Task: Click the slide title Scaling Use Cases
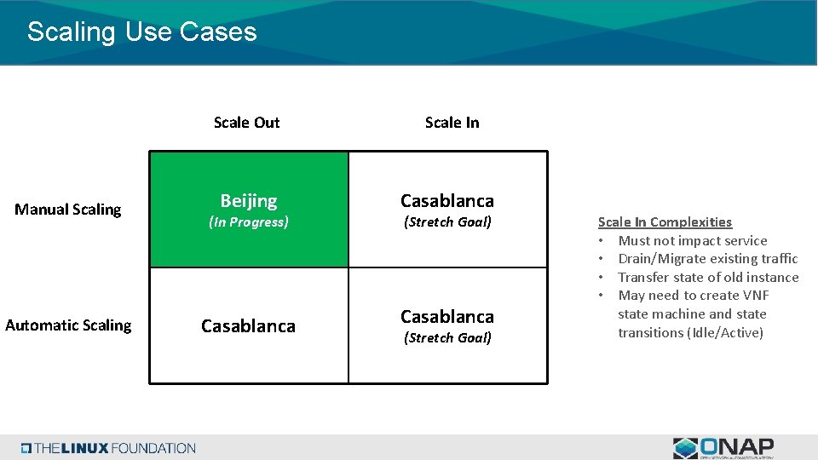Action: [141, 32]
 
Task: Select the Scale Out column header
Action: [246, 123]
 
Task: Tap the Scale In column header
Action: [452, 123]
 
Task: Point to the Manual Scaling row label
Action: [68, 210]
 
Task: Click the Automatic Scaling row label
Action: [68, 325]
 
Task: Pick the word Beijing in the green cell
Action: [249, 201]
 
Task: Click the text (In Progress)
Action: [249, 222]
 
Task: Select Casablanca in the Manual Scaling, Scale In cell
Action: [447, 201]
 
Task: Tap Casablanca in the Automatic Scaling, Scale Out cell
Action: [248, 326]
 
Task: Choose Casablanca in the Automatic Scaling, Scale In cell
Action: [447, 317]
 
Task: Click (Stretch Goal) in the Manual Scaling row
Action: [447, 222]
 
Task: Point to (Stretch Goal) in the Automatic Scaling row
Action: [447, 338]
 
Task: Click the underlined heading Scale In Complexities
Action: [665, 222]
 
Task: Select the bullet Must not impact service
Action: [692, 241]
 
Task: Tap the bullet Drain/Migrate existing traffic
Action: [707, 259]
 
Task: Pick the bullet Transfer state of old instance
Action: [708, 278]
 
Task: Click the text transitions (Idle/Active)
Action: [690, 333]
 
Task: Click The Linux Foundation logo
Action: [109, 448]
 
